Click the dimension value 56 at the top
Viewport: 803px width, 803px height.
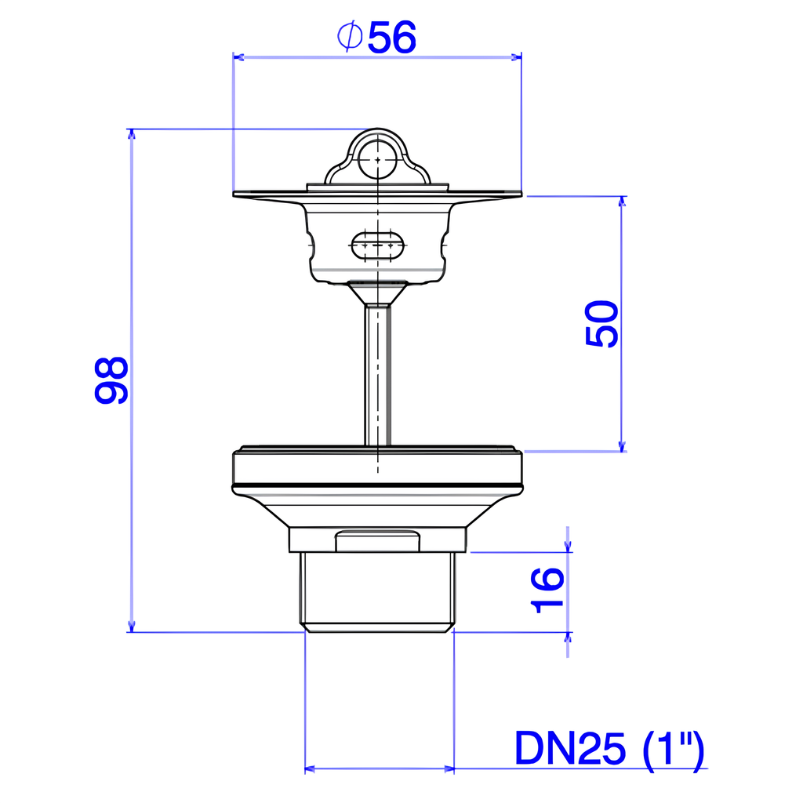coord(392,38)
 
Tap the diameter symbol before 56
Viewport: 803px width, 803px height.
coord(350,36)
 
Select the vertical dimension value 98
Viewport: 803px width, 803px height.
coord(111,380)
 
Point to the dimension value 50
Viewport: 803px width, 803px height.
coord(601,324)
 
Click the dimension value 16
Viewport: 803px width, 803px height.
coord(547,590)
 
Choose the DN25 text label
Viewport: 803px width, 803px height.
coord(570,748)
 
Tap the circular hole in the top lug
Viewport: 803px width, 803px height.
coord(377,160)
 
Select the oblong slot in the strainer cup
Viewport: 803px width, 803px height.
coord(377,245)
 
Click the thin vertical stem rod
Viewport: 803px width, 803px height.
coord(377,376)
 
